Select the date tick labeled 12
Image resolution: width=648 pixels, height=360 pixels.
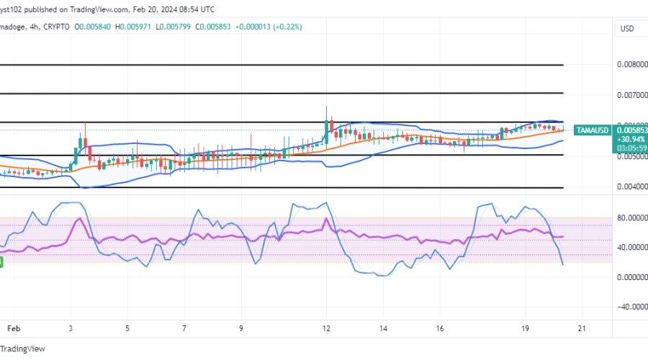tap(328, 328)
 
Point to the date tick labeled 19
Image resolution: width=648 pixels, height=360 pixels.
tap(526, 328)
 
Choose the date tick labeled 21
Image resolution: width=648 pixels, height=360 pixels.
tap(582, 328)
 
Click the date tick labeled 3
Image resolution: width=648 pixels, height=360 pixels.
tap(71, 328)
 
